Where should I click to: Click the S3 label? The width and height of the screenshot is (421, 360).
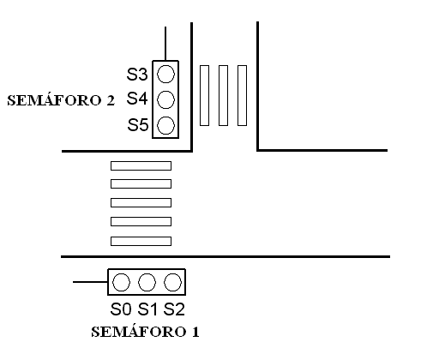coord(137,75)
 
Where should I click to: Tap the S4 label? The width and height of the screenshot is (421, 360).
coord(137,99)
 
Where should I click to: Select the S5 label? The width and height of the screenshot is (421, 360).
coord(138,125)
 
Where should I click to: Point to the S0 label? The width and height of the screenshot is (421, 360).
coord(121,309)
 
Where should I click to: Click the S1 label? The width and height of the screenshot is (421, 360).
coord(147,309)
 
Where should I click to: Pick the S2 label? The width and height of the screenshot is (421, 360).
coord(174,309)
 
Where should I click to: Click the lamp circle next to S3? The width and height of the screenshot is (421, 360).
coord(165,74)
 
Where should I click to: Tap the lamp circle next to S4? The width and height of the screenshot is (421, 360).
coord(165,99)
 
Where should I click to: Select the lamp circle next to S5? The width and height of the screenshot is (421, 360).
coord(165,125)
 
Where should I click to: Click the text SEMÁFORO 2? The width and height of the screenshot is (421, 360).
coord(61,100)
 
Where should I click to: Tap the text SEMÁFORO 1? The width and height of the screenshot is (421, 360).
coord(145,332)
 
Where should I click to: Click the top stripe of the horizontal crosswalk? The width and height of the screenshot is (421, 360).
coord(141,165)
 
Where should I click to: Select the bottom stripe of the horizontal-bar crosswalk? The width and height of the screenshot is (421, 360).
coord(141,241)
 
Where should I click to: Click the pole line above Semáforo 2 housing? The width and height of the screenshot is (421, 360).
coord(165,44)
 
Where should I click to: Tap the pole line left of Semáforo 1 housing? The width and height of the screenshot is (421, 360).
coord(90,282)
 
